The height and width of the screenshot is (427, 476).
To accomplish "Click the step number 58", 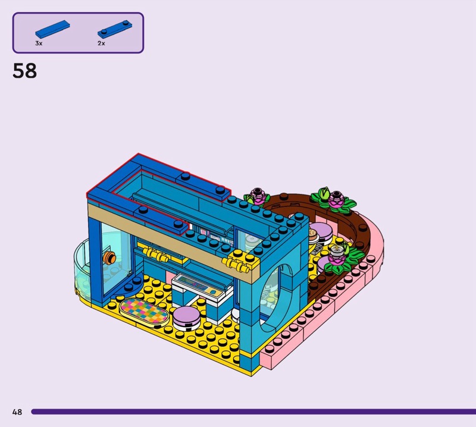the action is (24, 71).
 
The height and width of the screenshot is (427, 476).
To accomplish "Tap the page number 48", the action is (17, 412).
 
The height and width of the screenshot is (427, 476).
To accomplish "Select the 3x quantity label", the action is (39, 43).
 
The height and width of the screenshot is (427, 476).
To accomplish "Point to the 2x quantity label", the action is (101, 43).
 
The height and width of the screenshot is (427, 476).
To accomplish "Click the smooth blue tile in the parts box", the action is (52, 29).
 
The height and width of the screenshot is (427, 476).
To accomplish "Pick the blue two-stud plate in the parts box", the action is (115, 29).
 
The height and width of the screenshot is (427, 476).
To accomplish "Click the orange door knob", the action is (109, 258).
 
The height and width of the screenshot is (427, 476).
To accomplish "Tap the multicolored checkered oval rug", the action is (144, 312).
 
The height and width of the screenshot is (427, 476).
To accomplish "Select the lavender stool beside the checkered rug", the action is (186, 318).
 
